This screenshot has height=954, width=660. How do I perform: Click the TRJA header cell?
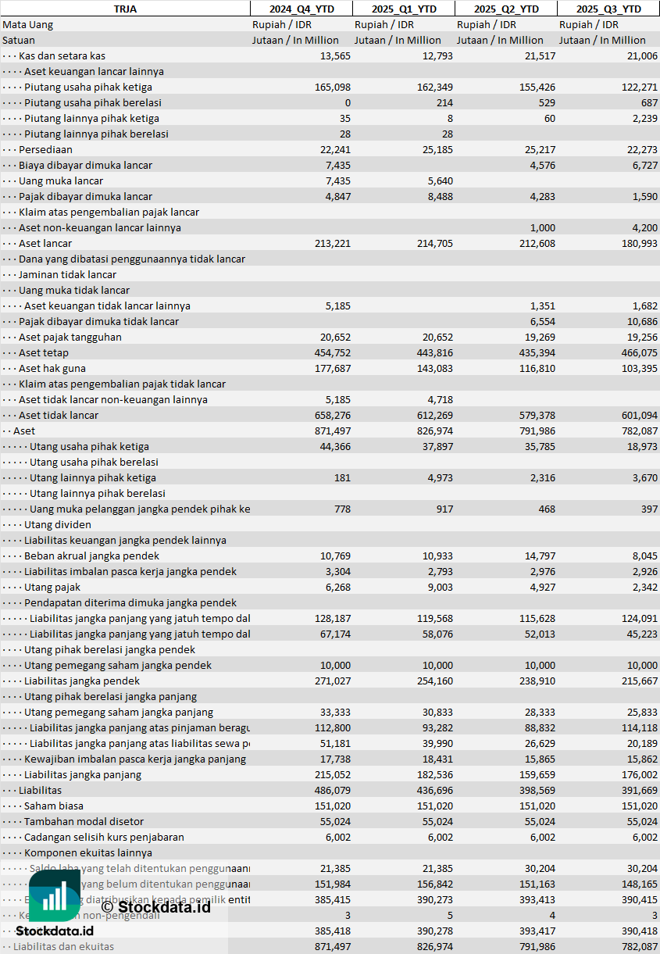tap(125, 9)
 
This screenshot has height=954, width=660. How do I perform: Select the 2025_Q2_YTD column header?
tap(506, 9)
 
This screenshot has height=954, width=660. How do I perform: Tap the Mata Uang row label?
tap(27, 24)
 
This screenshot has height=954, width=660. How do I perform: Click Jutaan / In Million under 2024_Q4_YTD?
tap(295, 40)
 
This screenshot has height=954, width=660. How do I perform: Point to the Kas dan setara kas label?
tap(62, 55)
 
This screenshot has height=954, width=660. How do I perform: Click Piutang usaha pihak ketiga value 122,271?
tap(639, 87)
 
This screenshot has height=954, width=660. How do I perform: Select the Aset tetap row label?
tap(43, 352)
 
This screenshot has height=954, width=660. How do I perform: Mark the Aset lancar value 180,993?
tap(639, 243)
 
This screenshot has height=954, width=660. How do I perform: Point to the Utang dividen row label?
tap(57, 524)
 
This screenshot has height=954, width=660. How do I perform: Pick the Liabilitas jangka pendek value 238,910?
tap(537, 681)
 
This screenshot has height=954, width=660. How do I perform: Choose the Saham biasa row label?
tap(53, 806)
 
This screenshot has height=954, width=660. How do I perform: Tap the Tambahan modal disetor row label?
tap(84, 821)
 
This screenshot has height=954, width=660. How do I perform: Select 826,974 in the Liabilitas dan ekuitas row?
tap(434, 946)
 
